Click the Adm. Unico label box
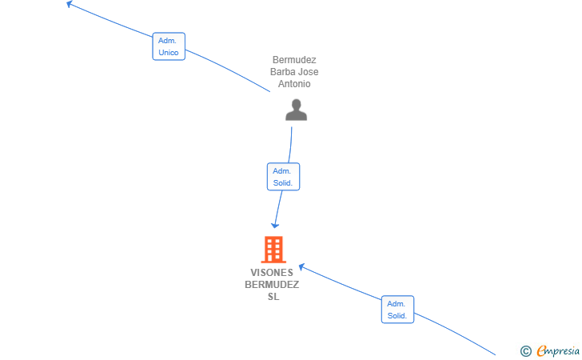pyautogui.click(x=169, y=46)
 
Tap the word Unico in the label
pyautogui.click(x=169, y=52)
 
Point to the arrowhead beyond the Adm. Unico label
pyautogui.click(x=69, y=4)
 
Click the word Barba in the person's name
pyautogui.click(x=283, y=72)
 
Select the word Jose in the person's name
pyautogui.click(x=309, y=72)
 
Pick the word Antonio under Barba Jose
pyautogui.click(x=294, y=83)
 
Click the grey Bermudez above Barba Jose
pyautogui.click(x=294, y=60)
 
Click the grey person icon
pyautogui.click(x=296, y=110)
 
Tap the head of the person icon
pyautogui.click(x=296, y=104)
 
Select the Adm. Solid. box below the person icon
pyautogui.click(x=283, y=177)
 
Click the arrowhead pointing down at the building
pyautogui.click(x=275, y=225)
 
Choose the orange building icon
pyautogui.click(x=273, y=250)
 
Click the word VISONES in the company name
pyautogui.click(x=272, y=273)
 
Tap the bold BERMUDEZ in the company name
pyautogui.click(x=272, y=285)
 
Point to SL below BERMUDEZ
pyautogui.click(x=273, y=297)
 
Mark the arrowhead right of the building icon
pyautogui.click(x=301, y=266)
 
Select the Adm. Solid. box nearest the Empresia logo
pyautogui.click(x=397, y=310)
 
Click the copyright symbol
pyautogui.click(x=526, y=351)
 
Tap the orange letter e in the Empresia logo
pyautogui.click(x=541, y=350)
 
